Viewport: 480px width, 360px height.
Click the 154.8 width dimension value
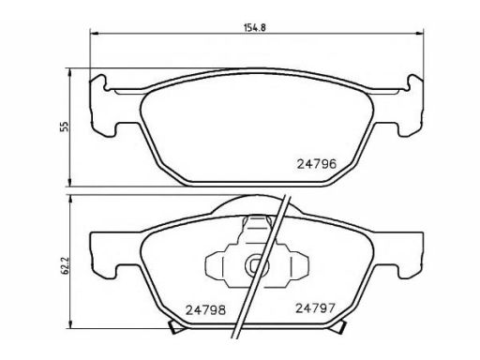click(254, 27)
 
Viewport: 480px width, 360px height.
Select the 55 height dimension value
click(65, 126)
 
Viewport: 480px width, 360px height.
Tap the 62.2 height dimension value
click(65, 266)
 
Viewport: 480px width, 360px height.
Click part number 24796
click(317, 164)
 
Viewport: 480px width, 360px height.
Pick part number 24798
click(205, 310)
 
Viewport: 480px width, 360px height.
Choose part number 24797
click(315, 308)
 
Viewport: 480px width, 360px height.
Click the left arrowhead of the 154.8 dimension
click(94, 33)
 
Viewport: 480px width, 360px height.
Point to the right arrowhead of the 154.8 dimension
click(419, 33)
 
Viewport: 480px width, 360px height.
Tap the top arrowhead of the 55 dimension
click(70, 73)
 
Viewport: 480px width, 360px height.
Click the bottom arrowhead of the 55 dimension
click(70, 182)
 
